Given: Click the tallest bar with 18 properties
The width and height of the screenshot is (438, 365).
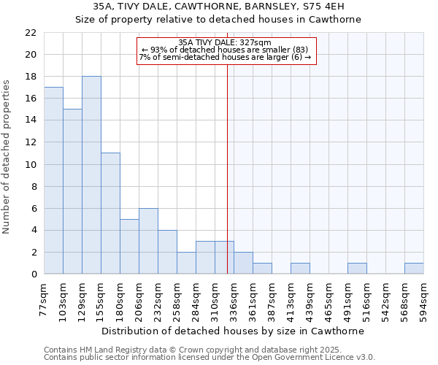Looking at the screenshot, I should pos(91,175).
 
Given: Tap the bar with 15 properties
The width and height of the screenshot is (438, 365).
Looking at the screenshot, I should pos(72,191).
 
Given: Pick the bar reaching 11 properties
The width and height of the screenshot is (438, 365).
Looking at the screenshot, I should pos(110,213).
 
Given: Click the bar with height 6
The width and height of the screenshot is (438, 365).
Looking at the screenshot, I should pos(148,241).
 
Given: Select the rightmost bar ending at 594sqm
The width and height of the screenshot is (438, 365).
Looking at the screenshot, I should pos(414,269).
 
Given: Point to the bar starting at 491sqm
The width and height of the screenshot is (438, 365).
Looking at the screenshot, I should pos(357,269).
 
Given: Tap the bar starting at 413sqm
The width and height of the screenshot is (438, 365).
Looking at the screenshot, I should pos(300,269).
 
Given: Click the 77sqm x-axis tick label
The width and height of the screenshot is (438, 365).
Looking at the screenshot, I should pos(45,299).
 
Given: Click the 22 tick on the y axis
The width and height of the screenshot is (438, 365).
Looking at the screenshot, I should pos(31,33).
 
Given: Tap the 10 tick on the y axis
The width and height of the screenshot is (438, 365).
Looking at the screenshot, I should pos(31,165).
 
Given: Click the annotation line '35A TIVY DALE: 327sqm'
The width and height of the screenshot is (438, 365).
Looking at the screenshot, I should pos(225,43).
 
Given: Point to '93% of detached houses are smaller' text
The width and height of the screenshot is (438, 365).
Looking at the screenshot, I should pos(225,50).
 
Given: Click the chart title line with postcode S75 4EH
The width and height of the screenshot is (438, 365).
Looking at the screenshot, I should pos(219,6).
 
